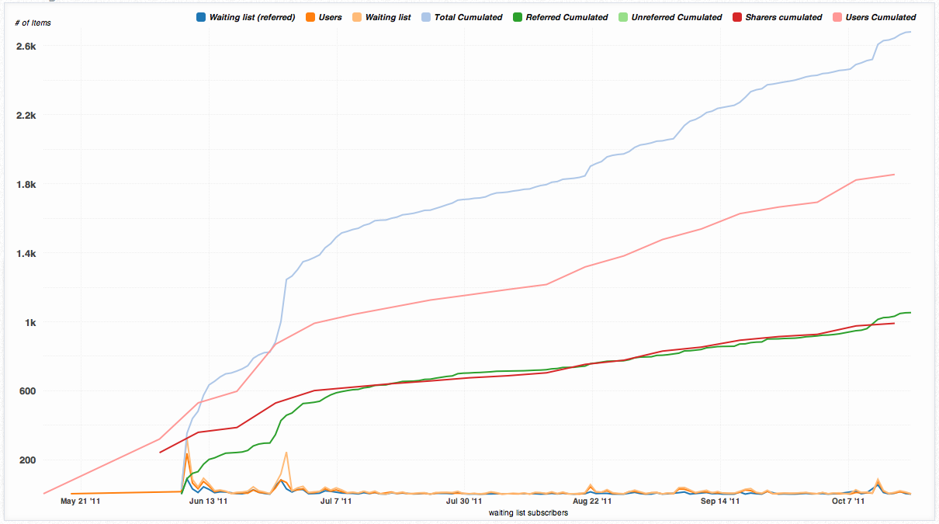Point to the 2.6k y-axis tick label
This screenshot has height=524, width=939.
point(26,47)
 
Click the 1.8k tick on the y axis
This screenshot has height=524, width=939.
point(26,185)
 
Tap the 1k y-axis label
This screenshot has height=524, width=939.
point(30,322)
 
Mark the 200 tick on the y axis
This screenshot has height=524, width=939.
point(29,460)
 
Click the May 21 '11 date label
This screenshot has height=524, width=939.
point(80,501)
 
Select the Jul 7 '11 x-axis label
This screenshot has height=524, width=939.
point(335,501)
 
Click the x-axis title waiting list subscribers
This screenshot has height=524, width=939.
point(528,513)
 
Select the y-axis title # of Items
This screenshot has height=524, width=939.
point(33,23)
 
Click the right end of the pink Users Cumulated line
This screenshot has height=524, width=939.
point(894,175)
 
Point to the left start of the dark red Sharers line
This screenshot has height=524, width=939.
point(160,452)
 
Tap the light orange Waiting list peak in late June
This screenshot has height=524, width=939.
point(286,452)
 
